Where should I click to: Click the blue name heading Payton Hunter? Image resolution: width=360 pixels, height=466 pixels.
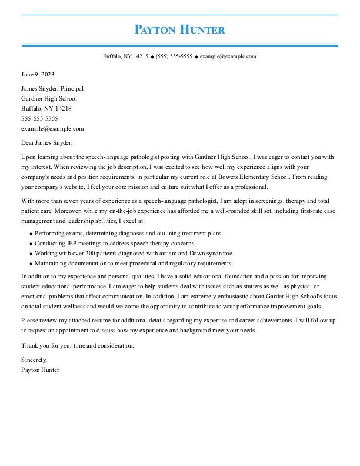pos(179,29)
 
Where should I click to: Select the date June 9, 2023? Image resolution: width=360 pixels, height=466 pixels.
pos(38,75)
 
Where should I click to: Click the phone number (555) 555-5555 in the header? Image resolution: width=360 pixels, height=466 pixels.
pos(174,56)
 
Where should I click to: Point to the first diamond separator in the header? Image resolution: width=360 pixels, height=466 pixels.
pos(152,57)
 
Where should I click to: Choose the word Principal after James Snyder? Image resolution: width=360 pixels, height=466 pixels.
pos(72,88)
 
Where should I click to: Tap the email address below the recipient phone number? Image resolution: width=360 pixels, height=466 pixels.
pos(52,128)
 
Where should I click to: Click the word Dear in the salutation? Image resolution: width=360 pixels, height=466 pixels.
pos(28,142)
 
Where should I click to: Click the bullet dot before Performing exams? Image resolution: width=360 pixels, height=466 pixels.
pos(30,234)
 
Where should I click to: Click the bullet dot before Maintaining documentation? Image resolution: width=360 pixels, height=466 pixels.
pos(30,264)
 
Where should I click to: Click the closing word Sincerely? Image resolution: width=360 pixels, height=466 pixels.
pos(34,360)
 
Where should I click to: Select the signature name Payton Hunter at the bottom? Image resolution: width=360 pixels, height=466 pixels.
pos(40,370)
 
